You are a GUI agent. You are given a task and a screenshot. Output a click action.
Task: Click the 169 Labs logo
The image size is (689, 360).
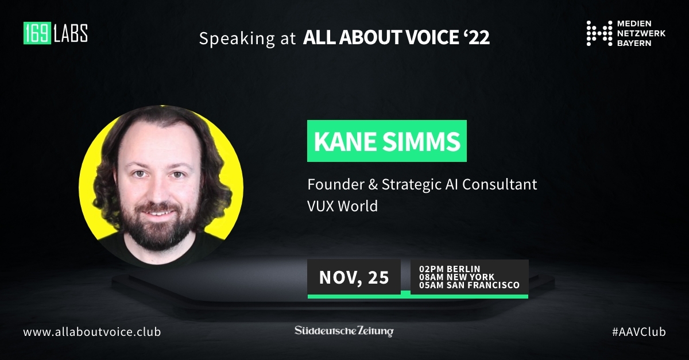pyautogui.click(x=55, y=33)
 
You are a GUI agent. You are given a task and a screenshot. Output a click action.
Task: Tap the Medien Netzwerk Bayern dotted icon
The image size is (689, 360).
pyautogui.click(x=599, y=33)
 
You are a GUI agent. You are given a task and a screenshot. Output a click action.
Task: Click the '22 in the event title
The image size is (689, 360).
pyautogui.click(x=476, y=38)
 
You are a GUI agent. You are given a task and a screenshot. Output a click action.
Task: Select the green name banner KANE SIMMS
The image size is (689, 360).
pyautogui.click(x=386, y=141)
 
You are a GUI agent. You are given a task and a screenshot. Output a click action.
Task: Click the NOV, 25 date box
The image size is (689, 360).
pyautogui.click(x=354, y=278)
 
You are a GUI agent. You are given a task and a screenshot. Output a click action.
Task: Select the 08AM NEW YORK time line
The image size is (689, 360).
pyautogui.click(x=456, y=277)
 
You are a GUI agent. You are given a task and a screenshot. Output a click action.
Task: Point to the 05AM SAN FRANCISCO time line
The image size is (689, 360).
pyautogui.click(x=469, y=285)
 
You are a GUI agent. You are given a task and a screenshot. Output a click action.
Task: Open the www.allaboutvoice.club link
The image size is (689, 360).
pyautogui.click(x=92, y=332)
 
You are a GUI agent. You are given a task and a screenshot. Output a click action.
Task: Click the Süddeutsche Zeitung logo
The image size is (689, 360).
pyautogui.click(x=344, y=331)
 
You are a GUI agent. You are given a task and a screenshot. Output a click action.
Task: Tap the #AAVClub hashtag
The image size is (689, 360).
pyautogui.click(x=638, y=332)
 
